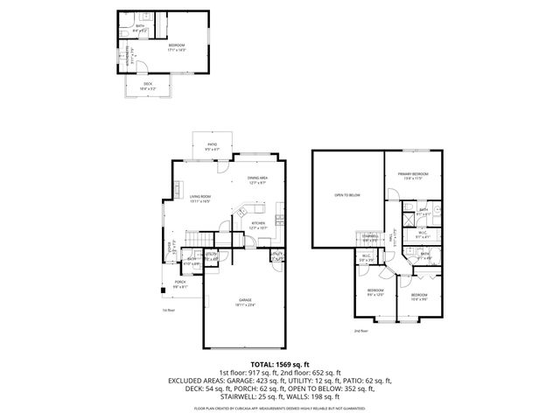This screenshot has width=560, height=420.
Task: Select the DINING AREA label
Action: (257, 179)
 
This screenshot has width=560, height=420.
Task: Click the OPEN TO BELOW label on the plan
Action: (346, 195)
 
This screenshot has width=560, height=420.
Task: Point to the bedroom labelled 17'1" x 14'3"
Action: (176, 45)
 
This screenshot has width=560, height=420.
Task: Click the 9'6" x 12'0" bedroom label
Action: (375, 291)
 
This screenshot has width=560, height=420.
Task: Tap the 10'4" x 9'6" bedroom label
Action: (419, 296)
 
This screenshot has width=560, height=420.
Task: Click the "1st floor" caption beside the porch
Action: (169, 310)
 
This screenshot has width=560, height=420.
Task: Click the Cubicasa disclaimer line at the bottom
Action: (279, 408)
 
